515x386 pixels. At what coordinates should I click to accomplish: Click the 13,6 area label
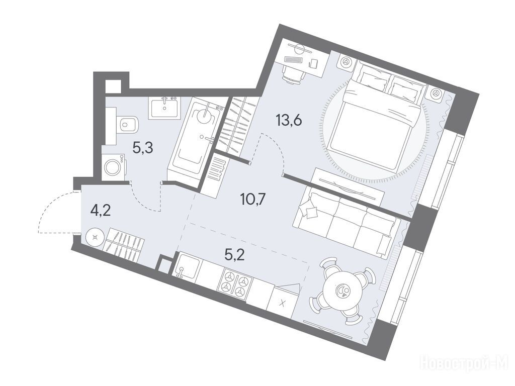click(289, 121)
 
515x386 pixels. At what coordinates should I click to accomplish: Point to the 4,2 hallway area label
click(101, 210)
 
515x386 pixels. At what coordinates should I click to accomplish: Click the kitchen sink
click(187, 265)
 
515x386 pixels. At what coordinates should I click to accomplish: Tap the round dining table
click(342, 290)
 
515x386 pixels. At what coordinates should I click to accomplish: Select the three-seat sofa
click(347, 223)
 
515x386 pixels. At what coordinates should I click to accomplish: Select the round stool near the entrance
click(95, 237)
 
